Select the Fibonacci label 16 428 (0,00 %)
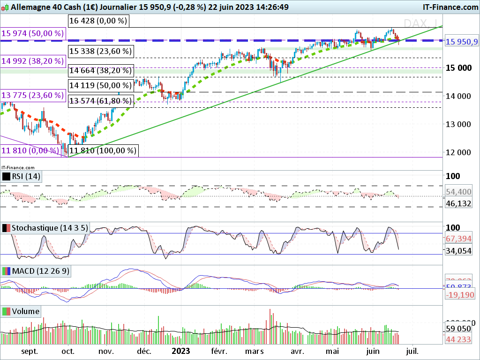(97, 21)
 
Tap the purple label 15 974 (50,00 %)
(33, 33)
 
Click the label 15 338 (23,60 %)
(100, 51)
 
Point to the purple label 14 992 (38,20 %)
(33, 60)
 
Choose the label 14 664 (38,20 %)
(100, 71)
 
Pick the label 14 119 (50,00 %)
(100, 85)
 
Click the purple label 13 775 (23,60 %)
(33, 96)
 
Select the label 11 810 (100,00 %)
(103, 150)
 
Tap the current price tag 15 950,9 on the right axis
(461, 42)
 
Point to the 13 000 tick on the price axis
(458, 124)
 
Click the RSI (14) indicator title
(22, 177)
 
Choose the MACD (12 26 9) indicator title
(36, 271)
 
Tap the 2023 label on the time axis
(180, 351)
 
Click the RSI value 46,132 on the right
(458, 203)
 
